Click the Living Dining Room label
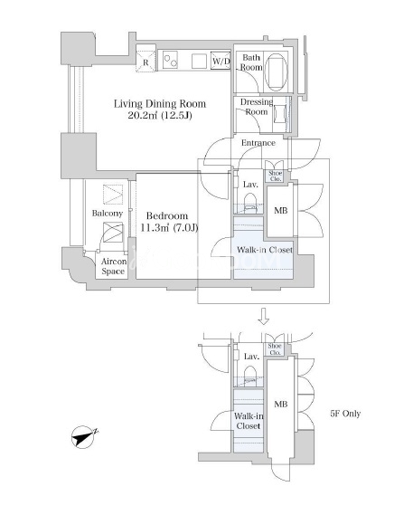(x=160, y=110)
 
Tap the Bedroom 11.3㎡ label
(x=169, y=222)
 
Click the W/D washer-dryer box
(x=221, y=61)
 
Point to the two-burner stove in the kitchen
(x=171, y=60)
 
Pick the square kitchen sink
(x=199, y=61)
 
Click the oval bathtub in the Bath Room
(x=276, y=72)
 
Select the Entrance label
(x=258, y=143)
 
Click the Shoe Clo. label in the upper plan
(x=276, y=176)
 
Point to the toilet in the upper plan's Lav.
(x=250, y=202)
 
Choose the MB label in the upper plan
(x=281, y=211)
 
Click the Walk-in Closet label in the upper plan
(x=265, y=250)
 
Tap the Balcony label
(x=108, y=214)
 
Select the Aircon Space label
(x=113, y=266)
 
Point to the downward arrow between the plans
(x=264, y=316)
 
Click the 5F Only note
(x=345, y=414)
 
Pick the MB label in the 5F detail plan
(x=281, y=405)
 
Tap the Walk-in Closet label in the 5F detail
(x=249, y=421)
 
